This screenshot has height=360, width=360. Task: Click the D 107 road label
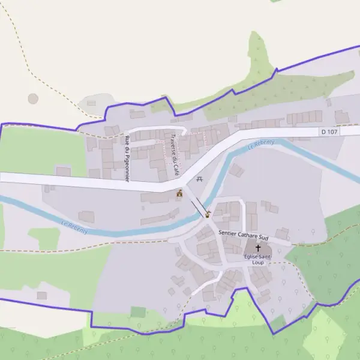tap(330, 131)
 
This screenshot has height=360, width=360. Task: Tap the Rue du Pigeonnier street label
tap(127, 158)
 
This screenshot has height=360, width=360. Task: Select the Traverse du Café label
tap(175, 154)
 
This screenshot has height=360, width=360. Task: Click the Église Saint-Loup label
tap(257, 259)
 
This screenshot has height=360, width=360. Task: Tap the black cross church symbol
tap(259, 247)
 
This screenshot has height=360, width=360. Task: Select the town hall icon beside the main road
tap(179, 193)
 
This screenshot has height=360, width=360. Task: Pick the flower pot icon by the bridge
tap(208, 214)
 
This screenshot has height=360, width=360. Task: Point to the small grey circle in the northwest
tap(33, 98)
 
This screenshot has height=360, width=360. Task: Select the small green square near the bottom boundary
tap(138, 312)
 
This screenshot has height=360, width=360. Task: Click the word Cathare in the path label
tap(243, 233)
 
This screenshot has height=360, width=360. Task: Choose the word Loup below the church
tap(257, 263)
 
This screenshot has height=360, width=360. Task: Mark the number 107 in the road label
tap(333, 131)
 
